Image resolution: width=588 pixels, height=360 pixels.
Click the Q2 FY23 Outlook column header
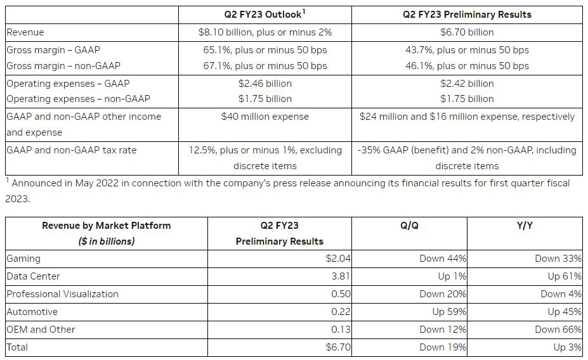point(265,14)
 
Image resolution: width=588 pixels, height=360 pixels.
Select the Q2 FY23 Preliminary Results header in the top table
point(467,15)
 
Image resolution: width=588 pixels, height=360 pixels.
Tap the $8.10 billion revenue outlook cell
point(265,32)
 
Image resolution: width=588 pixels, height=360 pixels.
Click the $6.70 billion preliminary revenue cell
point(467,32)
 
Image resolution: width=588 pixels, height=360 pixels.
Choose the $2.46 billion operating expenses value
point(265,84)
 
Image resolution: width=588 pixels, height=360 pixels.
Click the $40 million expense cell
point(265,117)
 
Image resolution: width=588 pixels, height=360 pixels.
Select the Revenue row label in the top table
point(25,32)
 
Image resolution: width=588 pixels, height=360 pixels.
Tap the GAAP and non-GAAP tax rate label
point(71,150)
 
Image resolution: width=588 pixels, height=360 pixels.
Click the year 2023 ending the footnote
point(17,199)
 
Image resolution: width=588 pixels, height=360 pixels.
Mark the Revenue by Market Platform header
point(106,226)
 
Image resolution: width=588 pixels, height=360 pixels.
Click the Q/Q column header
point(409,226)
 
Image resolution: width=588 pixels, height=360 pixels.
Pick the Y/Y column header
point(524,226)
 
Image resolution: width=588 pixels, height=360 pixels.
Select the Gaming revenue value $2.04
point(338,259)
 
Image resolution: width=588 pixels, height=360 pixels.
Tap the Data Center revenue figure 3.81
point(341,276)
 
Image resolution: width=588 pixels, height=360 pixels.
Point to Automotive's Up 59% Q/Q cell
point(449,312)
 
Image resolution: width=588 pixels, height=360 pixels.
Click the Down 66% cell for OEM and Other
point(558,330)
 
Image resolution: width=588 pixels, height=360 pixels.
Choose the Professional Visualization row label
point(62,294)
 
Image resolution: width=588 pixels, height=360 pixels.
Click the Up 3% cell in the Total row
point(567,347)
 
